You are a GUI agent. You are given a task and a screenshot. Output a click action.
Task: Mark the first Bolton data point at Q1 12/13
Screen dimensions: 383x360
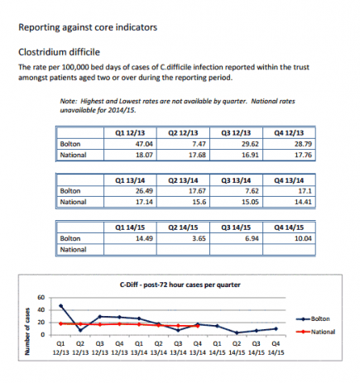click(60, 305)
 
